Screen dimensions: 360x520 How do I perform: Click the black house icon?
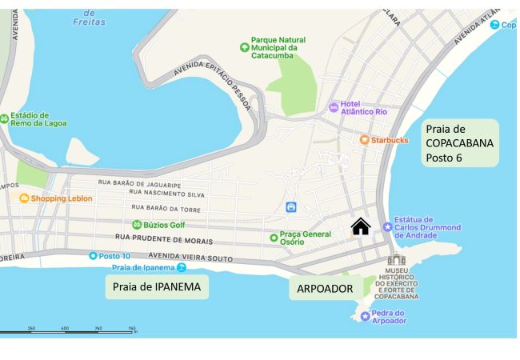pos(361,227)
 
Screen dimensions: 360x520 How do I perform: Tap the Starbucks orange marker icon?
pos(365,140)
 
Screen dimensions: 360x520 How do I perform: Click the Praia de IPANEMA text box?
pos(158,286)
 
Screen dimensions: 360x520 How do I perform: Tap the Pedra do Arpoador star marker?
pos(366,317)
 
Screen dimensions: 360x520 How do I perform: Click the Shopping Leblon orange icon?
pos(25,198)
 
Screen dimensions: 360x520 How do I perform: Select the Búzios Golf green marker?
pos(137,225)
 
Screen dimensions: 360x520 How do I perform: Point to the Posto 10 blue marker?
pos(94,256)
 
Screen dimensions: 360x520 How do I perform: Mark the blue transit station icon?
pos(292,207)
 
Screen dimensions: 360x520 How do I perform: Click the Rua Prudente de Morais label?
pos(164,238)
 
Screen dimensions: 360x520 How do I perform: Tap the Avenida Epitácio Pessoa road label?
pos(213,83)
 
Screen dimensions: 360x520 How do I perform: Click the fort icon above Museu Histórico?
pos(396,259)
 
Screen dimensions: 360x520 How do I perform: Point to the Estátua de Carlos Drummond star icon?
pos(389,227)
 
